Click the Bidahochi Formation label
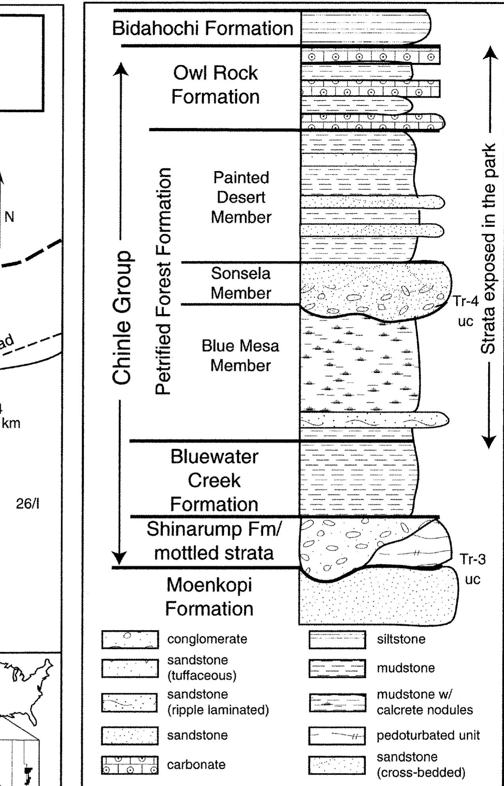(x=202, y=28)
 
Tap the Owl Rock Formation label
(x=215, y=85)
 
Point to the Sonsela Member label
(x=240, y=283)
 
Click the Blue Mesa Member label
(x=240, y=355)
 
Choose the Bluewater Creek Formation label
(x=214, y=480)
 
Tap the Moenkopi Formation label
(x=209, y=596)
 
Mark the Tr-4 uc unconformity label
(x=465, y=311)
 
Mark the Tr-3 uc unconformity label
(x=472, y=569)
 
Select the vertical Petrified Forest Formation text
(x=163, y=281)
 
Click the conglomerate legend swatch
(x=130, y=639)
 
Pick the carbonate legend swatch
(x=130, y=765)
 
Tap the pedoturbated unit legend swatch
(x=337, y=735)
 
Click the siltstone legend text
(x=401, y=639)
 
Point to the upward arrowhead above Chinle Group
(x=121, y=69)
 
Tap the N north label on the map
(x=9, y=217)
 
